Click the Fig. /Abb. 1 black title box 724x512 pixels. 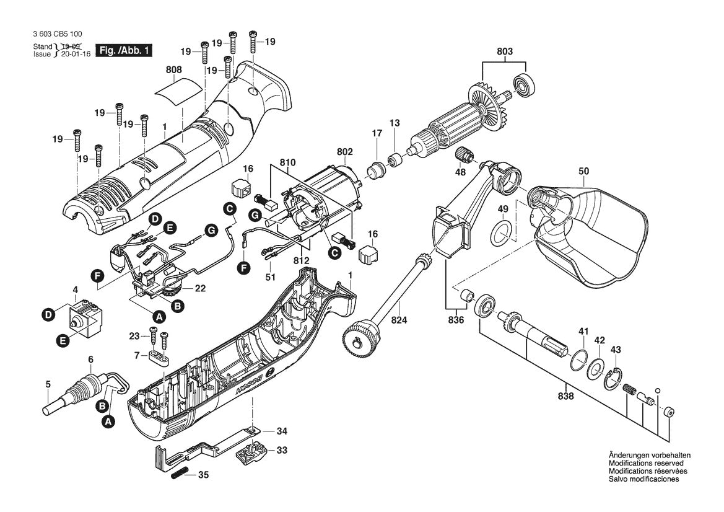click(123, 50)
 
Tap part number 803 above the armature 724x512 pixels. click(505, 51)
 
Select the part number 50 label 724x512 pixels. click(583, 172)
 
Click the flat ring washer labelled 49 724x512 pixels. click(502, 233)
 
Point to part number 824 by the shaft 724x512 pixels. click(399, 319)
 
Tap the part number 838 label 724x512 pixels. click(565, 396)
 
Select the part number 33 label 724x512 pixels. click(282, 449)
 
